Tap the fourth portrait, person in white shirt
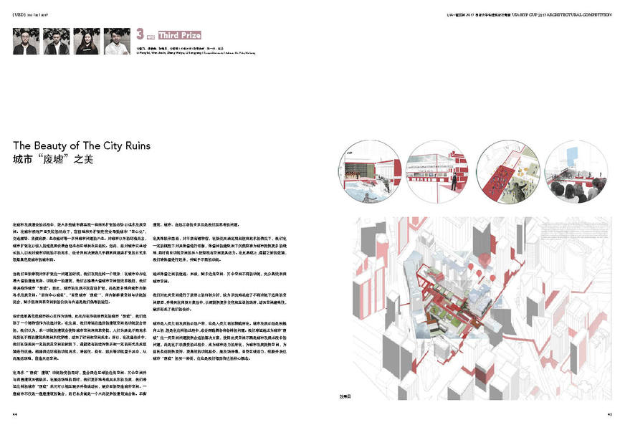coord(117,41)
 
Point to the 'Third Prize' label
coord(175,34)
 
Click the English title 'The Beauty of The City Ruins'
coord(82,145)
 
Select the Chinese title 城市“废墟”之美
coord(49,160)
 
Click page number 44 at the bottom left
coord(15,414)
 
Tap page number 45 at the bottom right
coord(609,414)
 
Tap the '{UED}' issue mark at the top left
coord(21,14)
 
